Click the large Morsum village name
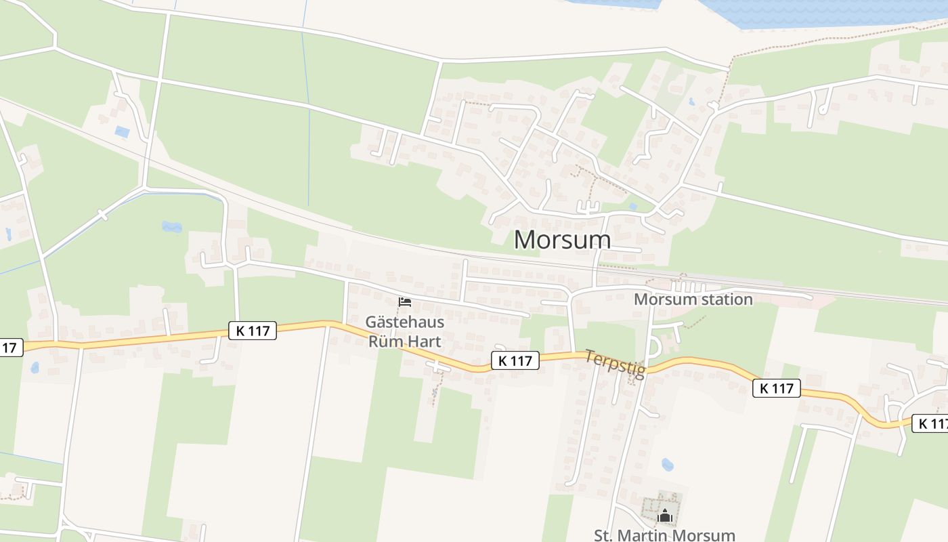(562, 240)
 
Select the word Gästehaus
(404, 321)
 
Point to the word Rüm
(384, 341)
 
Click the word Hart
(423, 341)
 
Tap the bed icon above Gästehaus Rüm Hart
(405, 301)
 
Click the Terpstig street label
(615, 364)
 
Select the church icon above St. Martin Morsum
(665, 516)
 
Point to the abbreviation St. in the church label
(604, 535)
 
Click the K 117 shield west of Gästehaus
(253, 331)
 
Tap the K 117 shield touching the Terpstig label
(515, 360)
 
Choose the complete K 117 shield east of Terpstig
(776, 388)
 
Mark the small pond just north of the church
(668, 465)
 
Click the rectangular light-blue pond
(122, 131)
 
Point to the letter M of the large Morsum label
(526, 240)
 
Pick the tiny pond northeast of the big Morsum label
(632, 207)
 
